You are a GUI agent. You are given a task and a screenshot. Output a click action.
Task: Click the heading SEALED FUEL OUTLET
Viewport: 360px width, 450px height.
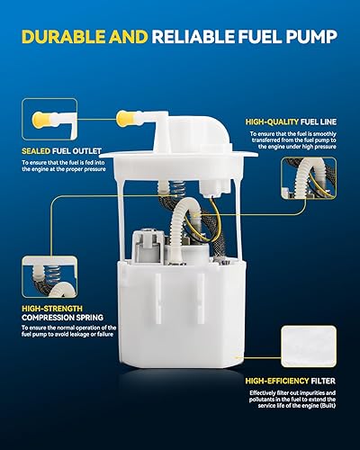click(61, 151)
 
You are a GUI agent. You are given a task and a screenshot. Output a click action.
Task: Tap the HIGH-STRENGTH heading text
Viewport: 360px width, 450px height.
click(53, 307)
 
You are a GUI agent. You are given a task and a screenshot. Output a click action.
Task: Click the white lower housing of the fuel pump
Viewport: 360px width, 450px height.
click(180, 315)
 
